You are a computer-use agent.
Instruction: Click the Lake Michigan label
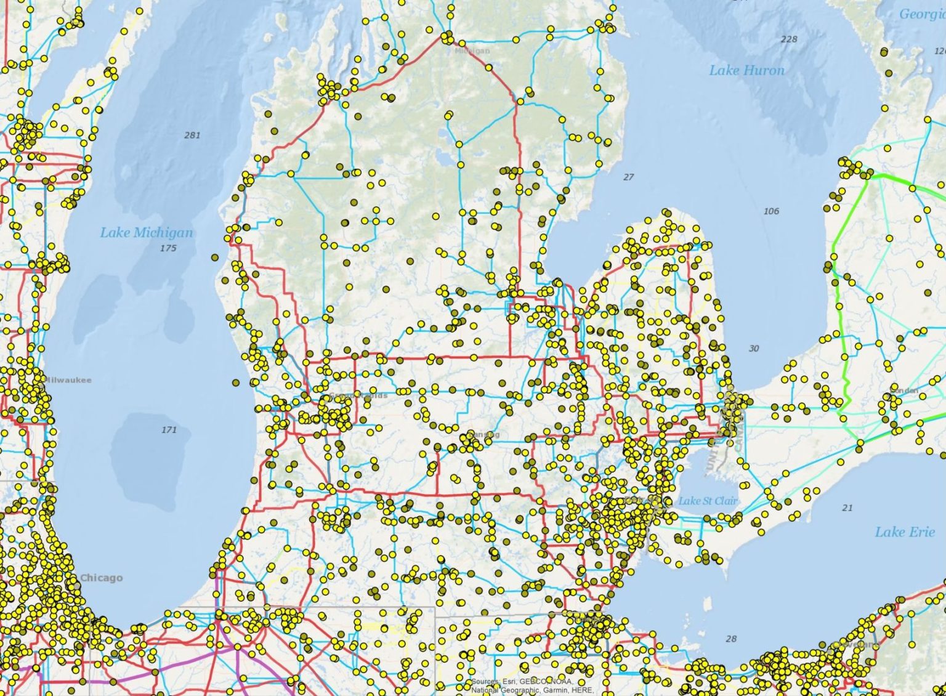pyautogui.click(x=147, y=233)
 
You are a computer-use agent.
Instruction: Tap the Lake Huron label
pyautogui.click(x=746, y=70)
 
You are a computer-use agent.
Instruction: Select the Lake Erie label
pyautogui.click(x=904, y=532)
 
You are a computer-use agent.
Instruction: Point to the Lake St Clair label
pyautogui.click(x=708, y=501)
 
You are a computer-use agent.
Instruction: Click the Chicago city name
pyautogui.click(x=102, y=578)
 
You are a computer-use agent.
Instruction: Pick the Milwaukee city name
pyautogui.click(x=68, y=380)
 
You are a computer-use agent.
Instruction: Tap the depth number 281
pyautogui.click(x=192, y=135)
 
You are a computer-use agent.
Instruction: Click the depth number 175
pyautogui.click(x=168, y=248)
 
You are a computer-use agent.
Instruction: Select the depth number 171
pyautogui.click(x=169, y=429)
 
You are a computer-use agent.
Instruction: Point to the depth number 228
pyautogui.click(x=788, y=39)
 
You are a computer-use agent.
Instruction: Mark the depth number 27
pyautogui.click(x=628, y=177)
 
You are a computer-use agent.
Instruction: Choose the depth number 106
pyautogui.click(x=770, y=211)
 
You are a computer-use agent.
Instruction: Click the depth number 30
pyautogui.click(x=754, y=349)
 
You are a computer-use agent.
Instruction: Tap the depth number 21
pyautogui.click(x=847, y=508)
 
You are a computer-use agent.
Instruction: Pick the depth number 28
pyautogui.click(x=730, y=639)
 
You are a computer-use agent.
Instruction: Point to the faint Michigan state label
pyautogui.click(x=473, y=51)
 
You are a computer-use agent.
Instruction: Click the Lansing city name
pyautogui.click(x=485, y=435)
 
